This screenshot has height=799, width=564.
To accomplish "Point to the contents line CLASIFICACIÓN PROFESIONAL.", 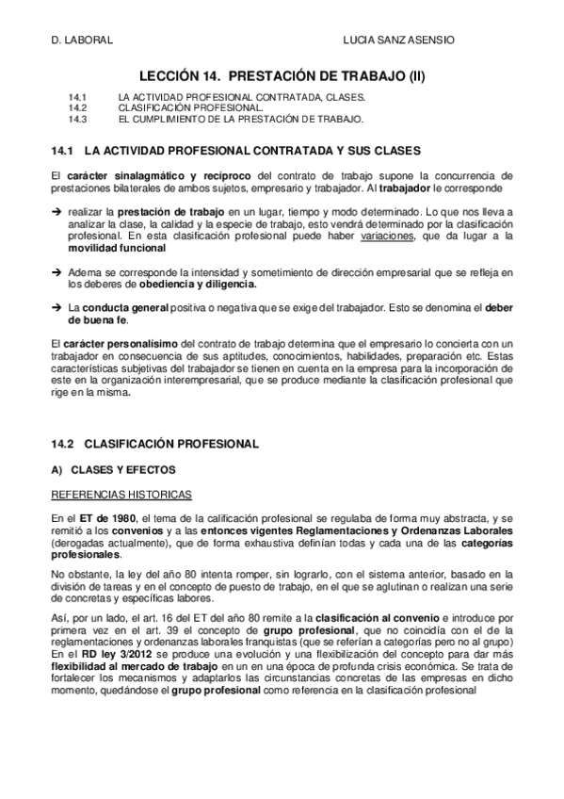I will (178, 109).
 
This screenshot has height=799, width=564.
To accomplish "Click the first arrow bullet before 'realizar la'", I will (55, 214).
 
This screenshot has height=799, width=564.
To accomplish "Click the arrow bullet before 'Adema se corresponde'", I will (55, 272).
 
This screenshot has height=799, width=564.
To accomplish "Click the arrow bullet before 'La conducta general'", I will (55, 307).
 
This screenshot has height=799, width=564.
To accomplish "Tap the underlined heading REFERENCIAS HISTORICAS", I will (121, 494).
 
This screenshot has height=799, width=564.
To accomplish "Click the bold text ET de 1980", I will (108, 518).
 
